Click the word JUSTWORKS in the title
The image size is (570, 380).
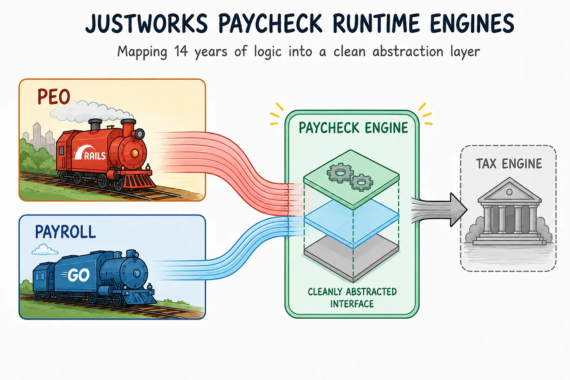146,24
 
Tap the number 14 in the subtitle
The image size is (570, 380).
181,51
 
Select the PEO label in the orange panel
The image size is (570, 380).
54,97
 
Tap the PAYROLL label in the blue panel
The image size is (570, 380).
65,232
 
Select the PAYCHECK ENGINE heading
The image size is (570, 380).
353,128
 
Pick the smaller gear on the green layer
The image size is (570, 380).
361,183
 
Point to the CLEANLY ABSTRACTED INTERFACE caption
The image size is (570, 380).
352,298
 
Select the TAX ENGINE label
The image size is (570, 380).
509,164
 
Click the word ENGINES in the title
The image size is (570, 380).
472,24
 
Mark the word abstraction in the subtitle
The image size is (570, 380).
408,51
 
